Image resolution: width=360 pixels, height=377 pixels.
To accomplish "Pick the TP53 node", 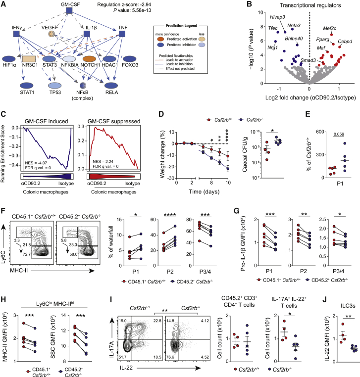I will coord(56,78).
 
